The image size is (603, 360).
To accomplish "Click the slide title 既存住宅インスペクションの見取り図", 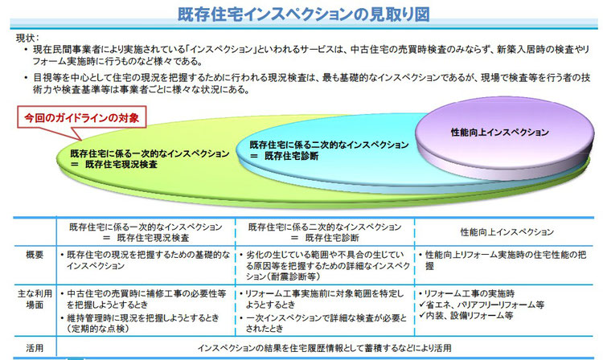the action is coord(303,14).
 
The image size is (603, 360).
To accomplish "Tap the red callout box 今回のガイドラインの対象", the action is coord(81,117).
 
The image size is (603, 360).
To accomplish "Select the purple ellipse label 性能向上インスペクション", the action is coord(500,133).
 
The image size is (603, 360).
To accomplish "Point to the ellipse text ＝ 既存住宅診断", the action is coord(284,156).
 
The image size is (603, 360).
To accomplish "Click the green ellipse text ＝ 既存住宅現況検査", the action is coord(114,165).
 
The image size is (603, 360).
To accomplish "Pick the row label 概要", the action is coord(35,255).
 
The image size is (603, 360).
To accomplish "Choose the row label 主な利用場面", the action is coord(35,299).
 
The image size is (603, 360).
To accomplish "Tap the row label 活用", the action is coord(35,348).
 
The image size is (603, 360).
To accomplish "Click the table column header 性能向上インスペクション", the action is coord(507,232).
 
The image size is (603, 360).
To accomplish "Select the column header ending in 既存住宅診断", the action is coord(325,232).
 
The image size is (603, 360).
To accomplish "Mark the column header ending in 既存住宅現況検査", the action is coord(146,232).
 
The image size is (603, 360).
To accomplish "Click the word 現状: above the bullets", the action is coord(27,38).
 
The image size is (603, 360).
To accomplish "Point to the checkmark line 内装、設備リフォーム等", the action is coord(466,316).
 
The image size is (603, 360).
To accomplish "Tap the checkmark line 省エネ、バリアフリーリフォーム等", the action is coord(482,305).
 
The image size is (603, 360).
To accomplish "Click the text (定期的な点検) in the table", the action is coord(97,329).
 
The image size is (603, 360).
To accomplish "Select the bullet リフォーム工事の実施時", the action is coord(467,294).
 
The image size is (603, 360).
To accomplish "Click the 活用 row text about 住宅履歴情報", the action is coord(325,348).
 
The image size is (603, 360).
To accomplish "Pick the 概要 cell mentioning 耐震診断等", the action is coord(325,265).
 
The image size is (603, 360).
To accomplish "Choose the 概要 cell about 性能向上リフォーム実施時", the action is coord(503,260).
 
